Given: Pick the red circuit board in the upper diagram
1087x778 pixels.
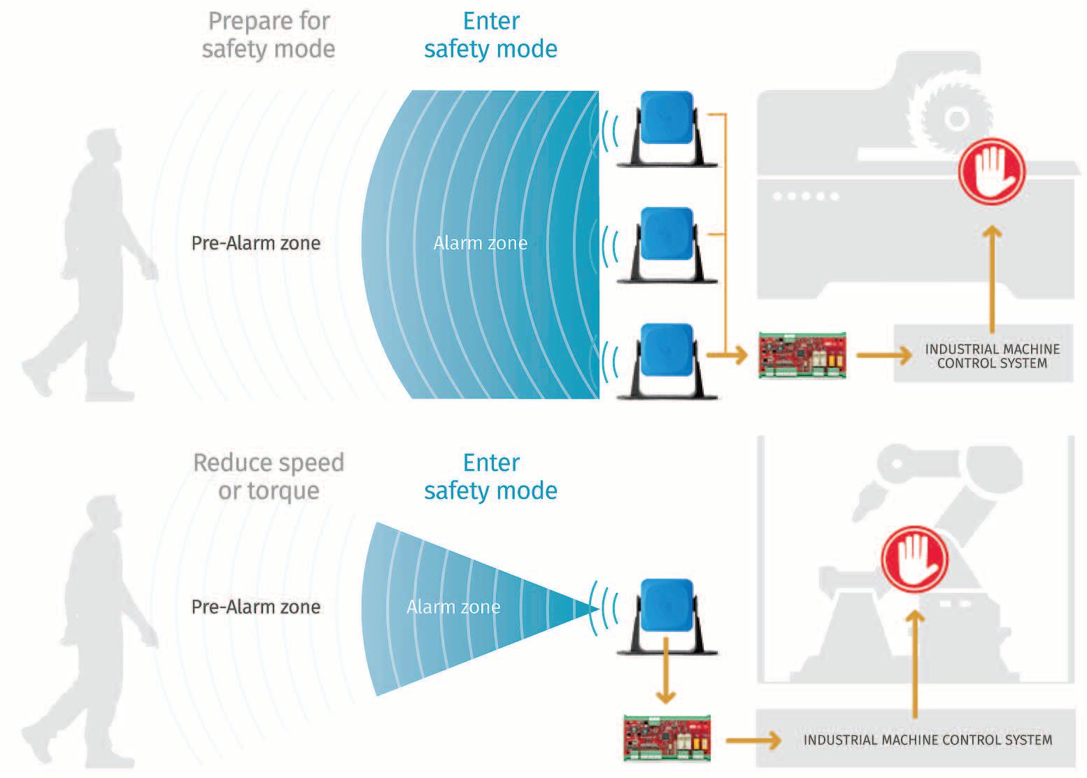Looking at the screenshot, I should point(802,356).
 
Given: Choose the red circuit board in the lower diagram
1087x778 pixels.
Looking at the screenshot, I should point(668,737).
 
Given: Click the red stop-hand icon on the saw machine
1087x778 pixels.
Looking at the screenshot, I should point(991,171).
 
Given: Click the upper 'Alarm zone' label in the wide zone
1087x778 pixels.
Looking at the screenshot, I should point(481,243).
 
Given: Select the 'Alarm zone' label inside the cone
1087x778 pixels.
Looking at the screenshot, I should point(453,607).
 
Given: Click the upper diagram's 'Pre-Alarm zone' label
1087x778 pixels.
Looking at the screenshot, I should point(256,243).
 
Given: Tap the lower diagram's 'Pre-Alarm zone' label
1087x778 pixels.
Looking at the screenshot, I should point(256,607).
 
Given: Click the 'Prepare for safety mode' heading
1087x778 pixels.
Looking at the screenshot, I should point(269,35).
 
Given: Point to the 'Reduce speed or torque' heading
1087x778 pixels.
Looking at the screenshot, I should point(269,477).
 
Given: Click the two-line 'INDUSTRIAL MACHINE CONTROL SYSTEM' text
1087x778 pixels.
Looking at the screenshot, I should point(992,356).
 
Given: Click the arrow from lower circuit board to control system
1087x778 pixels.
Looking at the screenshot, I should point(753,740).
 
